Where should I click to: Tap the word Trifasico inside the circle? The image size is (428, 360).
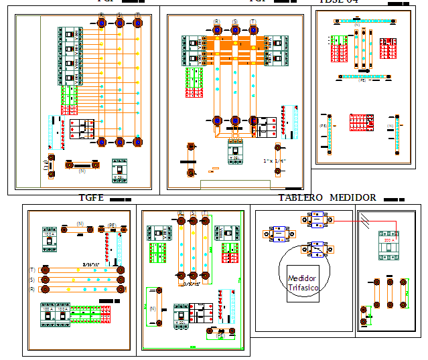pos(303,288)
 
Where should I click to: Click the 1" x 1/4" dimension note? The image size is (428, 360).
pos(275,161)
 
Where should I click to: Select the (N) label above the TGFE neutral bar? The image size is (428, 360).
pos(80,223)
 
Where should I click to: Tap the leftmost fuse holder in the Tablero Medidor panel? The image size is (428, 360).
pos(275,234)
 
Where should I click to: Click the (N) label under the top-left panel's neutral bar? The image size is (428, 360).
pos(82,172)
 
